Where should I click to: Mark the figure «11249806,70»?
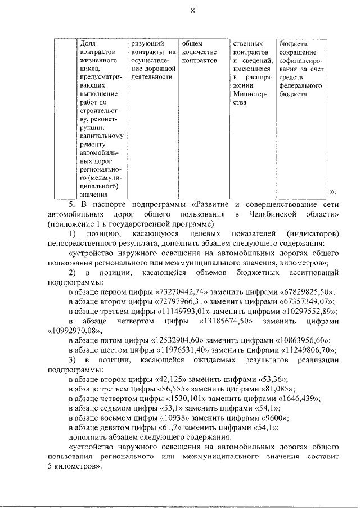tap(304, 350)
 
